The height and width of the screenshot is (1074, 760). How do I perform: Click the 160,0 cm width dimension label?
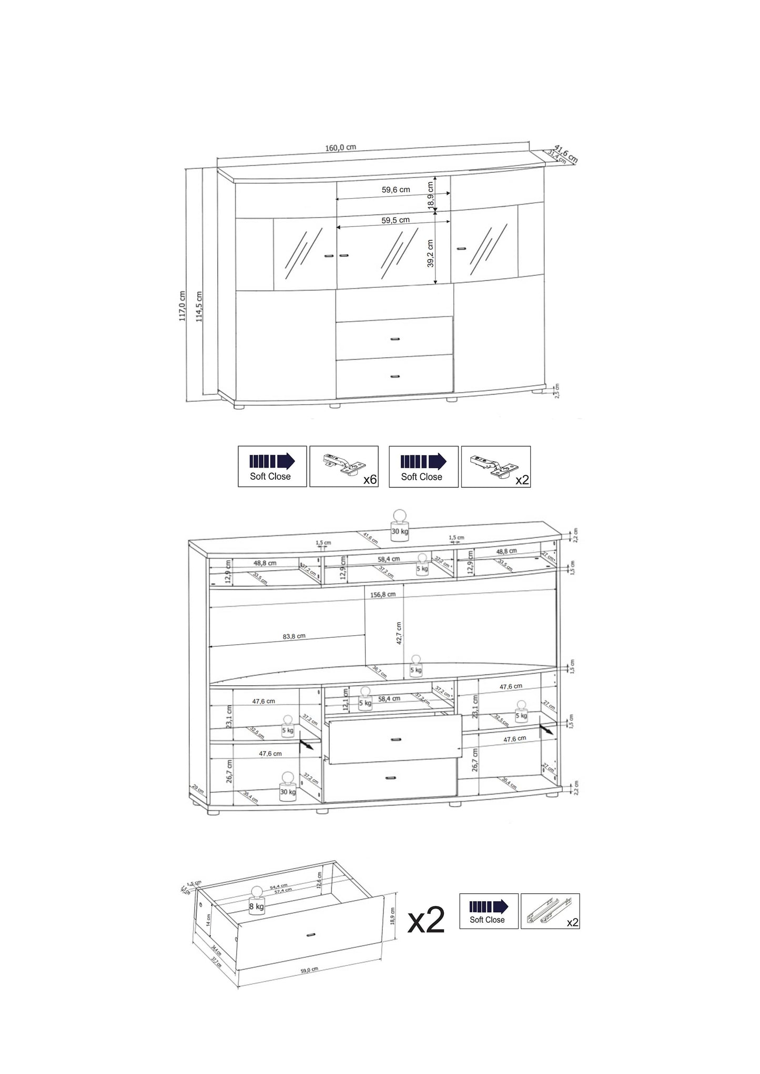[340, 148]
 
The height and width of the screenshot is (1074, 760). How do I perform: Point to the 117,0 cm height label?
[182, 306]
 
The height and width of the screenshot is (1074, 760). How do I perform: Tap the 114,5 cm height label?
[199, 306]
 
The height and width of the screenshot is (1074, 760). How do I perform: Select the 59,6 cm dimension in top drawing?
[396, 190]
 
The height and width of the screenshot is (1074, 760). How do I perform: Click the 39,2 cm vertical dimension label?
[430, 253]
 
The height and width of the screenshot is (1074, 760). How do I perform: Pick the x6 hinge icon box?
[344, 467]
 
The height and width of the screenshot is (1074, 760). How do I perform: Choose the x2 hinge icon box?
[495, 467]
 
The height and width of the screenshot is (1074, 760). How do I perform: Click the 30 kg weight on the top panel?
[400, 525]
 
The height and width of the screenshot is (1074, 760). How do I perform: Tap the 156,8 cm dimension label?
[382, 595]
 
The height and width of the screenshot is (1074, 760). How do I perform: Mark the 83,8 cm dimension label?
[294, 636]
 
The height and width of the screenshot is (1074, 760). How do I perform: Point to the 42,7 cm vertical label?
[399, 633]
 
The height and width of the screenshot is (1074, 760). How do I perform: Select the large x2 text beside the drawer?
[426, 921]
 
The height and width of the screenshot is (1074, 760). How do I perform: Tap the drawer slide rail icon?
[550, 911]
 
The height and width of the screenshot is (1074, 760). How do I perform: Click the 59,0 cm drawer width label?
[309, 970]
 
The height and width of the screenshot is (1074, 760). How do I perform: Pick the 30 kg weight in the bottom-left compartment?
[288, 787]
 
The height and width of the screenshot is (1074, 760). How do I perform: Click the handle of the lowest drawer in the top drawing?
[395, 376]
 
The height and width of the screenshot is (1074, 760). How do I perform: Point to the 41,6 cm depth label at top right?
[566, 153]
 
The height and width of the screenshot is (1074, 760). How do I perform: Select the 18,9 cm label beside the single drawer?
[392, 916]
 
